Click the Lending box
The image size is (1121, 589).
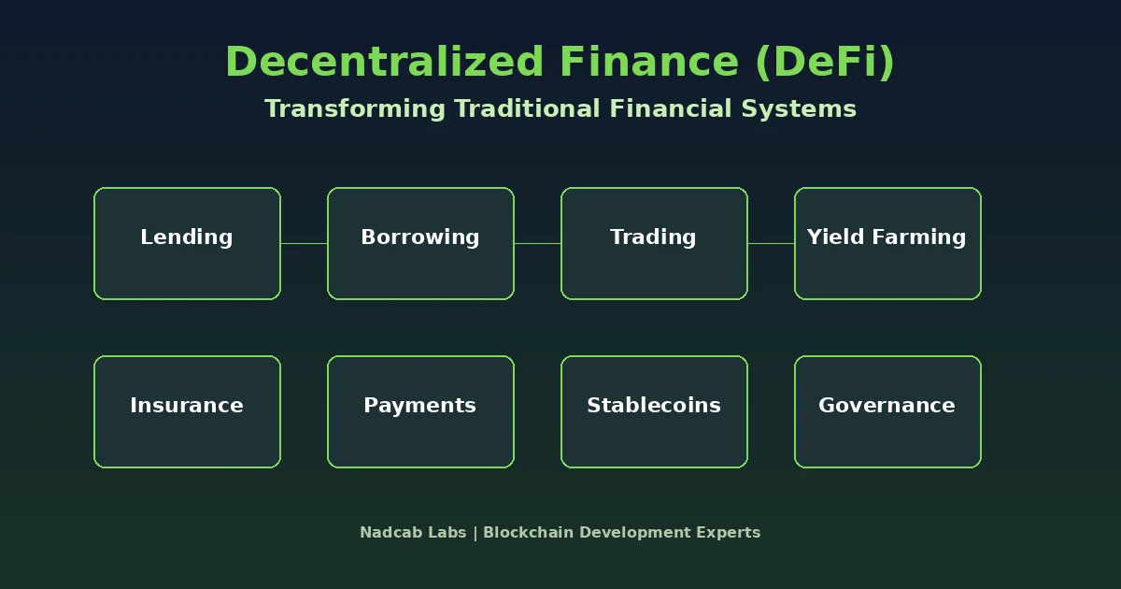(x=187, y=243)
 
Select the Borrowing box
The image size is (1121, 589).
(x=420, y=243)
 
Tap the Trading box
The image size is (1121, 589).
(x=654, y=243)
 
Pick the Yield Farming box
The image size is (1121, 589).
(x=887, y=243)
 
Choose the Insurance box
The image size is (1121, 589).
(x=187, y=411)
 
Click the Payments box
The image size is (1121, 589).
(x=420, y=411)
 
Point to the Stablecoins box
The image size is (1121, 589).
(x=654, y=411)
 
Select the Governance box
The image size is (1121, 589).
(x=887, y=411)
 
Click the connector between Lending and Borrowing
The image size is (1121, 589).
(x=304, y=243)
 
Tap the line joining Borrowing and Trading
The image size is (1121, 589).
(x=537, y=243)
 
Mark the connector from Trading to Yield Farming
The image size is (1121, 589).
(x=772, y=243)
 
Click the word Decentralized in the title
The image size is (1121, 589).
(x=384, y=61)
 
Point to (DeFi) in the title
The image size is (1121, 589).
(x=825, y=62)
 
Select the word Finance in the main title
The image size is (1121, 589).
(x=649, y=61)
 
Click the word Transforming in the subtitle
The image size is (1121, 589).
(x=355, y=109)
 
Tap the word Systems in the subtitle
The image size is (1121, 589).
(x=799, y=109)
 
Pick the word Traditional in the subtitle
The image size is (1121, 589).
(x=528, y=108)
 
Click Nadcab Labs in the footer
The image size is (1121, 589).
(x=413, y=532)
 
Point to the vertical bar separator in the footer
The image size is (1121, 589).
(x=475, y=533)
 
